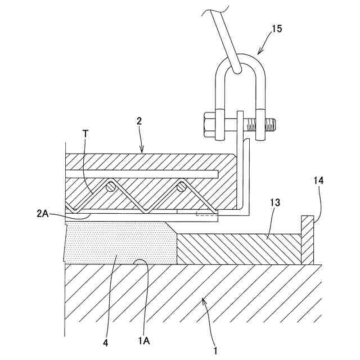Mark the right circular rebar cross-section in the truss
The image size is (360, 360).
[x=182, y=186]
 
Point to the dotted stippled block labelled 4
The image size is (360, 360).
[x=118, y=242]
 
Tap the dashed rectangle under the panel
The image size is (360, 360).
[x=205, y=214]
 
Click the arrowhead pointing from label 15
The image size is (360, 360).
[x=259, y=53]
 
